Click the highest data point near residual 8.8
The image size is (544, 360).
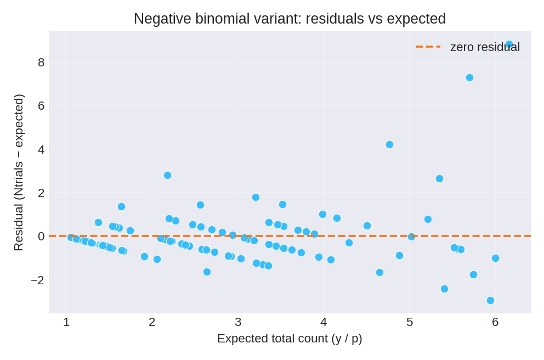[509, 44]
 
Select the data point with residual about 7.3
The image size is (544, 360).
[469, 78]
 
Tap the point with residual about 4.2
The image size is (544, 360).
[389, 145]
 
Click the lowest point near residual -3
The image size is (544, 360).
[490, 301]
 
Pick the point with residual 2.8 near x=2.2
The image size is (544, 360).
[167, 176]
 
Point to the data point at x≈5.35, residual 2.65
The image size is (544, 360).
[439, 179]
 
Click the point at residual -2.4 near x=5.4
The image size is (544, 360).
[444, 289]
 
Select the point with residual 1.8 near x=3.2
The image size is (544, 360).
[256, 198]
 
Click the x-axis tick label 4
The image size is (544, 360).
[324, 323]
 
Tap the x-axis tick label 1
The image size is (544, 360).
[66, 323]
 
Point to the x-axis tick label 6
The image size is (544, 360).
[495, 323]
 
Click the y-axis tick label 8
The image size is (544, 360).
[41, 63]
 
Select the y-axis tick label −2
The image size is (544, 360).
[38, 280]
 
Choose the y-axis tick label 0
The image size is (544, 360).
[41, 237]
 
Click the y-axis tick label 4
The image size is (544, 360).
[41, 150]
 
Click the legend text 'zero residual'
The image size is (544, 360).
[485, 47]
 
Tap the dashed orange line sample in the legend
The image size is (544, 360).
[428, 47]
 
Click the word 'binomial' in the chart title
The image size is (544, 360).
[224, 19]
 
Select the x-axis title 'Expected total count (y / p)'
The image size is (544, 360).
[290, 339]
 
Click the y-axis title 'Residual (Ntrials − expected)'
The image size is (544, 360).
[19, 172]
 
